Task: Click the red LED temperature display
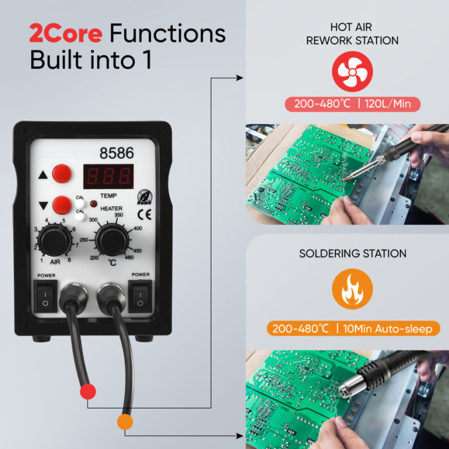[x=108, y=176]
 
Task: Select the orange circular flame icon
[x=352, y=289]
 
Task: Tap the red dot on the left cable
[x=89, y=392]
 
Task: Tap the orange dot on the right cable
[x=125, y=422]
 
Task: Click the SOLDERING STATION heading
[x=352, y=254]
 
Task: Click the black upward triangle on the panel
[x=43, y=175]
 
